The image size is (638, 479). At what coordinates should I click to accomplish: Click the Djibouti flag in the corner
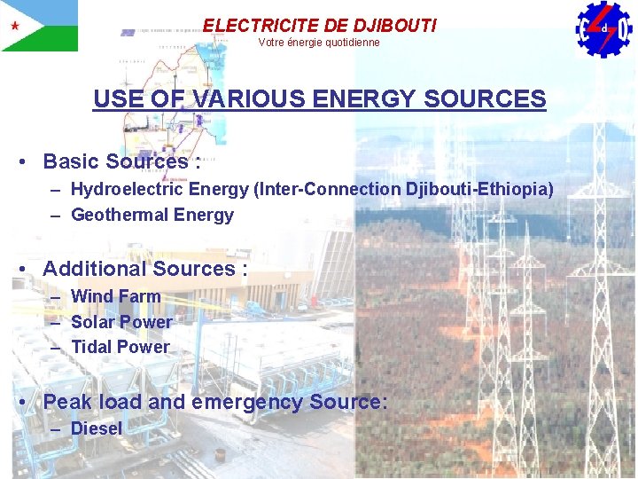[39, 25]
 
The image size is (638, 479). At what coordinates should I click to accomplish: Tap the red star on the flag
[14, 25]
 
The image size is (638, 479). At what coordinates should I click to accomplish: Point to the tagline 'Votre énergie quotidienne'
[319, 43]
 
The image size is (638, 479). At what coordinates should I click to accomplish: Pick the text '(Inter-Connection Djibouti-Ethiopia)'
[405, 189]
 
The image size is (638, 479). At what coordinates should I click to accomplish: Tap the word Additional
[95, 269]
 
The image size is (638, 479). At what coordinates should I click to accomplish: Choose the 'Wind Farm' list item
[116, 296]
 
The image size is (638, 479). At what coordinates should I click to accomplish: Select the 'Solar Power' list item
[121, 321]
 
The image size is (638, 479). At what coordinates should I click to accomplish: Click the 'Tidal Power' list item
[120, 347]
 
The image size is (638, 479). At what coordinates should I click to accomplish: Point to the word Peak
[66, 402]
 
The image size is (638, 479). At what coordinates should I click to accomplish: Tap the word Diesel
[97, 428]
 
